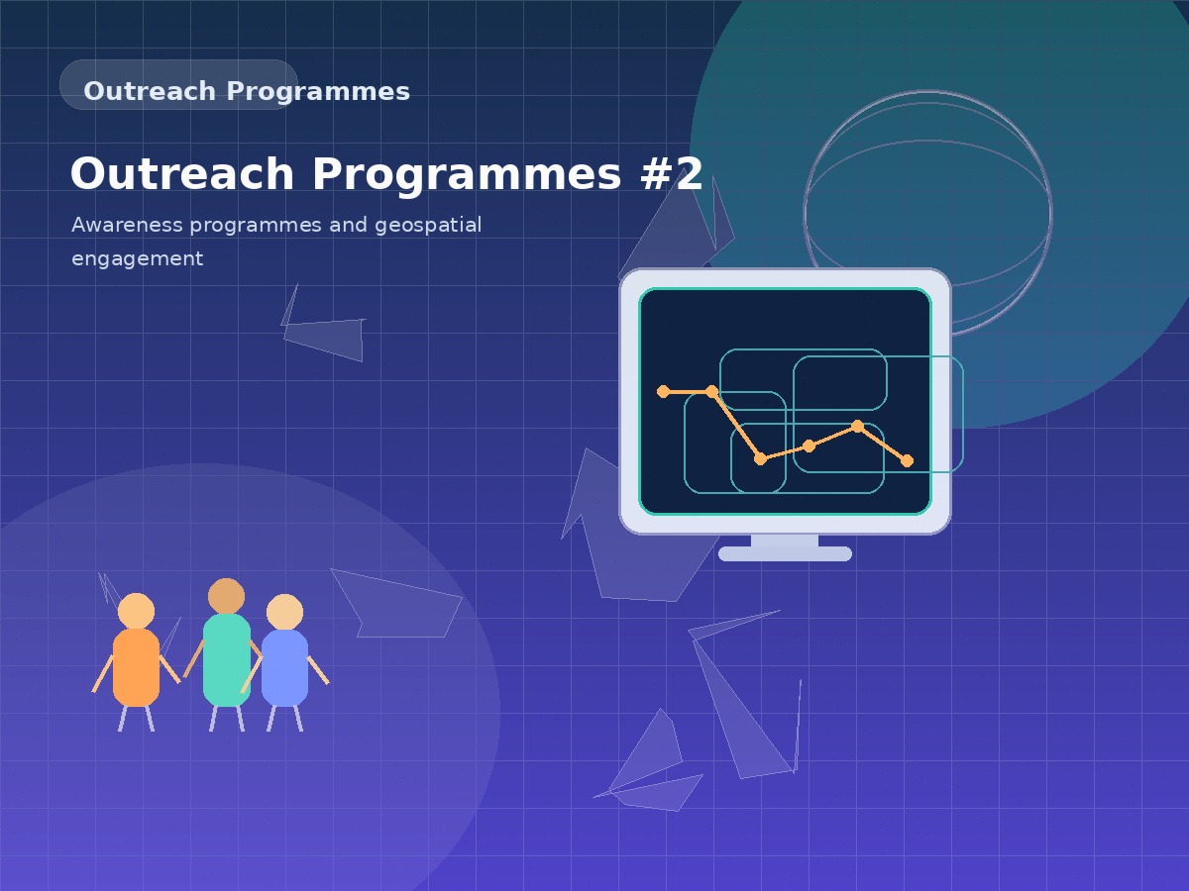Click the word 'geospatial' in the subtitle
coord(428,225)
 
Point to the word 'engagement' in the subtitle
coord(137,258)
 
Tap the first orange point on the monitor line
coord(663,391)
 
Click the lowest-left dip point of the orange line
coord(760,458)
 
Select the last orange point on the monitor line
coord(907,460)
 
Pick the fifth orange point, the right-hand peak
coord(857,426)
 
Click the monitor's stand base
coord(785,553)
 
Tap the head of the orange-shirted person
coord(136,611)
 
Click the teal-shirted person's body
coord(227,659)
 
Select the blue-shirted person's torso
coord(284,667)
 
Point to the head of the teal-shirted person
coord(226,596)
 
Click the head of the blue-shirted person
coord(284,612)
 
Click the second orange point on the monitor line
coord(711,391)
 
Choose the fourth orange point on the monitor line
coord(809,445)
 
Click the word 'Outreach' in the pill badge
coord(149,91)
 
